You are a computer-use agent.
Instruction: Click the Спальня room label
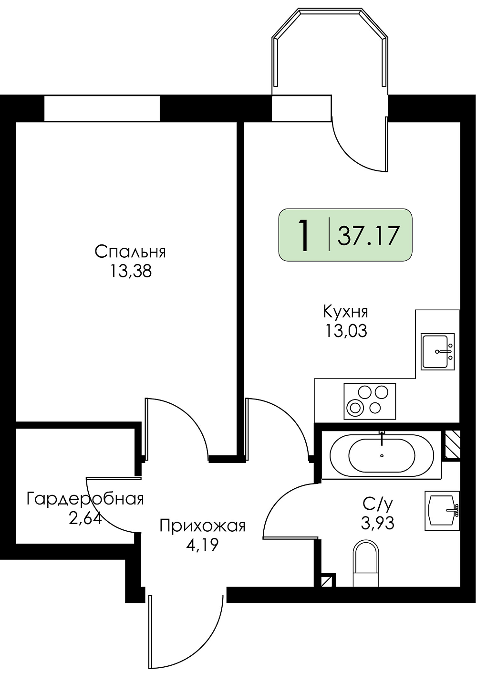coord(130,252)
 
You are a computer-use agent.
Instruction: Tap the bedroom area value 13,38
coord(131,272)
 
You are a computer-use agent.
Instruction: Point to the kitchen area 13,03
coord(345,331)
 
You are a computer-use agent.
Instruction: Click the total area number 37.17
coord(368,236)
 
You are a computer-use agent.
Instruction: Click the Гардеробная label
coord(85,499)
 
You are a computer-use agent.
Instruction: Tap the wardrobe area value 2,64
coord(85,518)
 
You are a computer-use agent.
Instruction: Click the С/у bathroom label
coord(377,504)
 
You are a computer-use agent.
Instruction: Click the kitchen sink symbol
coord(437,351)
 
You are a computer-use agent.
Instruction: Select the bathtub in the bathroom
coord(382,456)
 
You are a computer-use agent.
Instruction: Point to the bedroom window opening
coord(102,108)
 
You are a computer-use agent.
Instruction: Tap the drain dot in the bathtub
coord(382,456)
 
